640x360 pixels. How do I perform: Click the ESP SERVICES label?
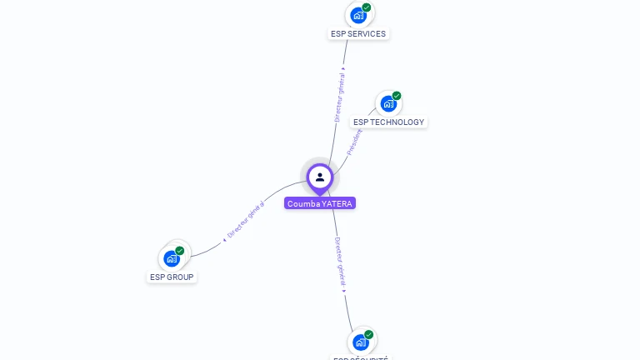[358, 34]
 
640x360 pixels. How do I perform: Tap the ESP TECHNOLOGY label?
[388, 122]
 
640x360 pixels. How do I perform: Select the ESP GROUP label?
[172, 277]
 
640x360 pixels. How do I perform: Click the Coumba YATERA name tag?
[320, 203]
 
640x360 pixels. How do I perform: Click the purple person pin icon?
[320, 177]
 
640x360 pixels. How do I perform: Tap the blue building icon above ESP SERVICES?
[358, 15]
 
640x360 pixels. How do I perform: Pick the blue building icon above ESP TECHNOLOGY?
[387, 103]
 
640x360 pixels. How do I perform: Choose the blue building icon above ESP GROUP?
[172, 258]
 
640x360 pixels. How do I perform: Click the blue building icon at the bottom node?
[360, 342]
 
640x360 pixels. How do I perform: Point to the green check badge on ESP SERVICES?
[367, 7]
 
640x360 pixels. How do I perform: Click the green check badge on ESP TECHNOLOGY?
[397, 96]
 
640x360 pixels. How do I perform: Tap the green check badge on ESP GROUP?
[180, 251]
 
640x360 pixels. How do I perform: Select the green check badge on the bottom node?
[368, 335]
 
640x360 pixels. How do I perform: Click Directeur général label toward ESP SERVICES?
[340, 97]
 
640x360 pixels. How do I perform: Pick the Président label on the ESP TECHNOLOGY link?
[355, 141]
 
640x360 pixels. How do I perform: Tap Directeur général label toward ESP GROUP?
[245, 221]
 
